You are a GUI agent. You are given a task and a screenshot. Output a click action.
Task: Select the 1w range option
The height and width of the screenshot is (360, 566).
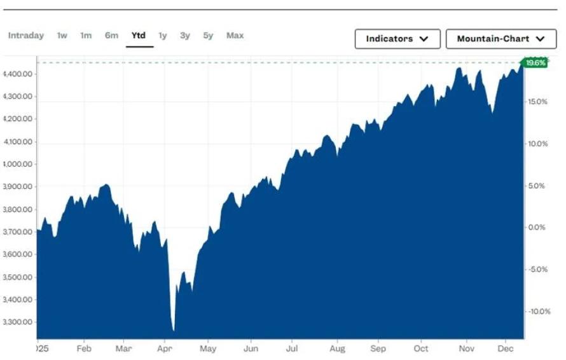coord(62,36)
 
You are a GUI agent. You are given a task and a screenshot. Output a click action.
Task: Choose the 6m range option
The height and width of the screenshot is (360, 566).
coord(111,36)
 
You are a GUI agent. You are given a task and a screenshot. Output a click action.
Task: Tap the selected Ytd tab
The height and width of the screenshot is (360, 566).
coord(139,36)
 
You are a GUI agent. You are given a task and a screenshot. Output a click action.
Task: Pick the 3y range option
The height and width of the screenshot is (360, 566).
coord(184,36)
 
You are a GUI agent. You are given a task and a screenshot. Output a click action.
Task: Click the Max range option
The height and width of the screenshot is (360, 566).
coord(235,36)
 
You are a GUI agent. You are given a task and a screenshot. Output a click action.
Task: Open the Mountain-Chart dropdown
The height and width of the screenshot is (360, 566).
coord(501,39)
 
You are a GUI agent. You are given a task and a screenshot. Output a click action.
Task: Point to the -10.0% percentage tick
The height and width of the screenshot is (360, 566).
coord(537,311)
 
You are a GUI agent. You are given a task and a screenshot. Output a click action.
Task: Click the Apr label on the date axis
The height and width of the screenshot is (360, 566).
coord(165,349)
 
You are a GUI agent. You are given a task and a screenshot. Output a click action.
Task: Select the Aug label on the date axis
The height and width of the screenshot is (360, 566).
coord(337,349)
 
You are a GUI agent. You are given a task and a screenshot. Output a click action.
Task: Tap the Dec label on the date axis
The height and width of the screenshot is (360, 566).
coord(506,349)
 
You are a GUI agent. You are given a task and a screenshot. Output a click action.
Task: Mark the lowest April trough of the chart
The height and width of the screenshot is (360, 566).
coord(174,330)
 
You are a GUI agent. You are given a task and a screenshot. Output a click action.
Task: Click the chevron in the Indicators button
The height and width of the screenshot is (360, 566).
coord(424,39)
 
